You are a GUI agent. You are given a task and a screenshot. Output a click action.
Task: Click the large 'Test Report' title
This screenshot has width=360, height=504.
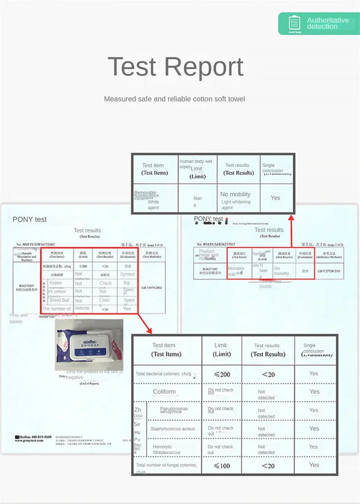[x=175, y=67]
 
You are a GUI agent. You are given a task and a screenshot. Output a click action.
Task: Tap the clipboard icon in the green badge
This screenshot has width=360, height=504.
[x=294, y=23]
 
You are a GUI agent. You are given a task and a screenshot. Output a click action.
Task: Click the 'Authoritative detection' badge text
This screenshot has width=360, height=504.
[x=327, y=23]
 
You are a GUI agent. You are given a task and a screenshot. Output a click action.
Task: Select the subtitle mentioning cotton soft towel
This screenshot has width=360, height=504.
[x=174, y=99]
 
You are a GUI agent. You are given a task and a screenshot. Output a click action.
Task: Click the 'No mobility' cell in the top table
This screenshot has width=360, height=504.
[x=235, y=194]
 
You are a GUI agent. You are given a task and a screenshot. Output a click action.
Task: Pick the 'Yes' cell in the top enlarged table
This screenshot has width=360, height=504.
[x=275, y=198]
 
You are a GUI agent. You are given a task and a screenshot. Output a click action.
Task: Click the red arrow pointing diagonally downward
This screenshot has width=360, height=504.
[x=144, y=324]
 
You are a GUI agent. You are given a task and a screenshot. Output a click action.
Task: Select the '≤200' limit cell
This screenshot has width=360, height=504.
[x=221, y=374]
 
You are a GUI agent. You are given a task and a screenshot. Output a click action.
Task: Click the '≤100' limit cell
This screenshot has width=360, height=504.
[x=221, y=466]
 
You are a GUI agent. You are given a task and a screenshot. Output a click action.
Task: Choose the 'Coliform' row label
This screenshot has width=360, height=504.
[x=164, y=392]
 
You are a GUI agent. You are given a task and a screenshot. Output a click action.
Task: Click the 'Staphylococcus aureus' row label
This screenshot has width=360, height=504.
[x=173, y=429]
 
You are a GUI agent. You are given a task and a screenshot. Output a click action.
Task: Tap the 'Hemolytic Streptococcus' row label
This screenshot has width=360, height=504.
[x=166, y=450]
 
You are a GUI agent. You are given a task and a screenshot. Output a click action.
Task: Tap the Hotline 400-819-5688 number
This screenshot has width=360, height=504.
[x=33, y=437]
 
